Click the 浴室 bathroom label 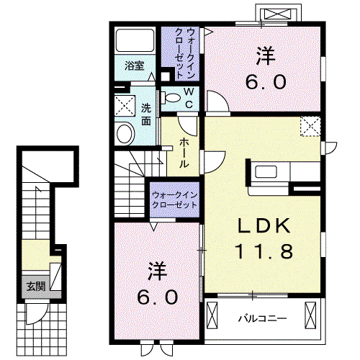tap(135, 66)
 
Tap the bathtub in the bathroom tap(135, 40)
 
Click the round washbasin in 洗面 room tap(125, 133)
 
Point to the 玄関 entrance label tap(36, 286)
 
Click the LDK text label tap(264, 225)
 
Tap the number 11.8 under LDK tap(264, 251)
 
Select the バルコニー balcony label tap(262, 319)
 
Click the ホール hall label tap(184, 153)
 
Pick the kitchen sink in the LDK tap(266, 171)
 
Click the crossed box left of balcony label tap(212, 315)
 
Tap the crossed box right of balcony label tap(310, 315)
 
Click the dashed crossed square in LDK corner tap(310, 126)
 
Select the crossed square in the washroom tap(125, 106)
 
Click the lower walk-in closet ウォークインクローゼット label tap(174, 200)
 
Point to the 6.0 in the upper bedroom tap(266, 81)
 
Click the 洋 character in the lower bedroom tap(158, 271)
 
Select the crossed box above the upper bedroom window tap(278, 14)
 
